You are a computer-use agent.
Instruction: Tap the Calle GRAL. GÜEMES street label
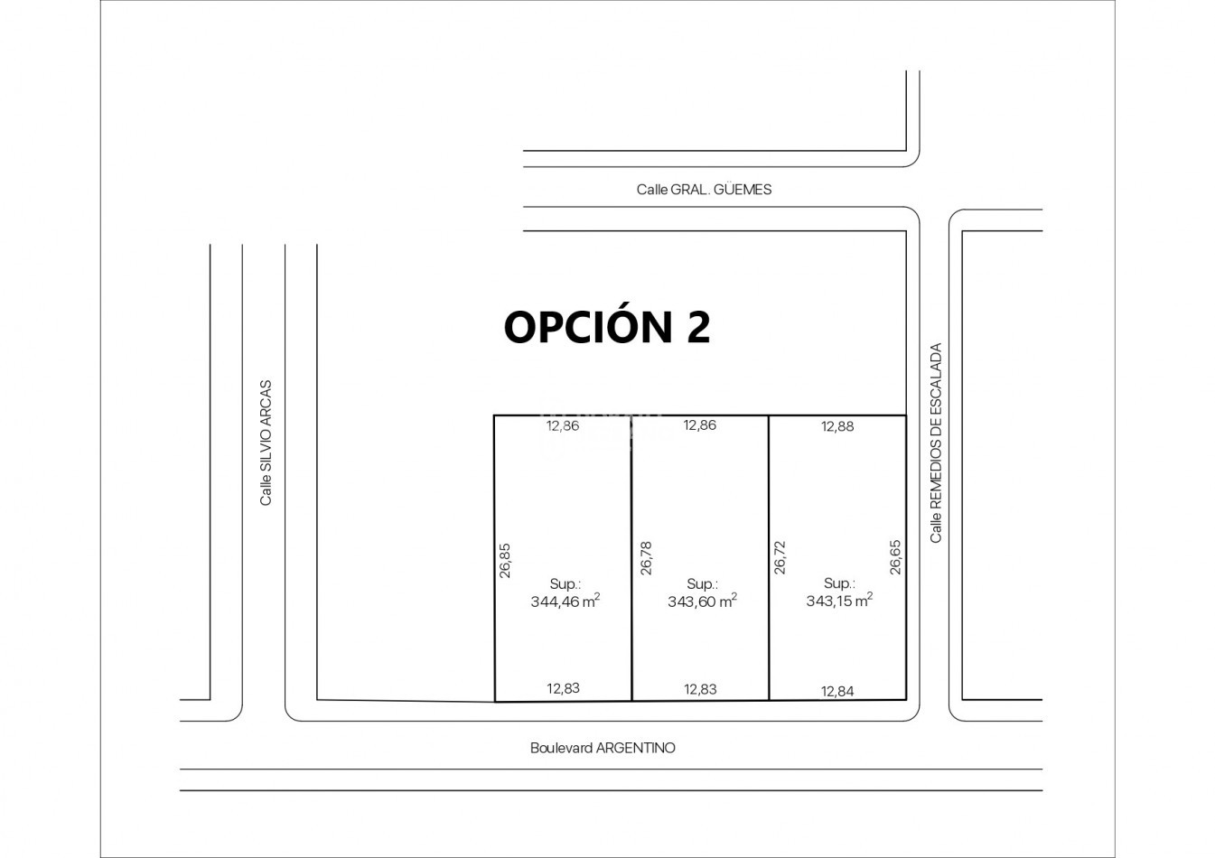coord(704,190)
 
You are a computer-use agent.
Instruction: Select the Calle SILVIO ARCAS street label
coord(266,443)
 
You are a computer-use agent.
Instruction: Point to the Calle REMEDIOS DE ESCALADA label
coord(936,443)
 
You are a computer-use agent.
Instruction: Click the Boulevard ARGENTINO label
coord(603,748)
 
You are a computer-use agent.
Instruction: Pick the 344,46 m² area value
coord(565,601)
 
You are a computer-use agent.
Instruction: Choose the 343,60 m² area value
coord(703,601)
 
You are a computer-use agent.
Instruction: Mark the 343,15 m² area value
coord(839,601)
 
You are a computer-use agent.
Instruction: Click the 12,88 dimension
coord(837,426)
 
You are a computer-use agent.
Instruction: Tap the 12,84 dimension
coord(837,692)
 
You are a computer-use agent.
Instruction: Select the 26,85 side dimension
coord(505,560)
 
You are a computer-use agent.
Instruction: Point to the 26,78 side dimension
coord(646,558)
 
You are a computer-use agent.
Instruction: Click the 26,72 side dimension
coord(780,557)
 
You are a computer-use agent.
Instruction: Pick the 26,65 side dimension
coord(895,557)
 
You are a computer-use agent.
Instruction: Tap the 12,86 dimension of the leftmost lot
coord(563,425)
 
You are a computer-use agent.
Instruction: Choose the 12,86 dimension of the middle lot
coord(700,425)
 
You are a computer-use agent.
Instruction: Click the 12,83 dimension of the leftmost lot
coord(563,688)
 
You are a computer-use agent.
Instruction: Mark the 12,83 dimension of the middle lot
coord(700,689)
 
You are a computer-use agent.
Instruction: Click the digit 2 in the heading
coord(698,327)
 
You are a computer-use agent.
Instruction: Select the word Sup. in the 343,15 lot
coord(839,583)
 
